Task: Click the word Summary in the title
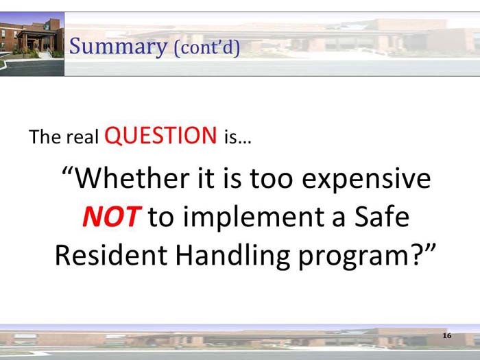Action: coord(118,47)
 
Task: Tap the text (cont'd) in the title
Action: coord(206,48)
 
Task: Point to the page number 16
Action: coord(447,335)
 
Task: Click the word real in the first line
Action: coord(83,137)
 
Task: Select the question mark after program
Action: coord(418,255)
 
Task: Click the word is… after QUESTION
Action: coord(237,137)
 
